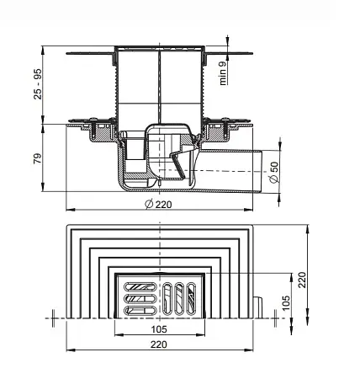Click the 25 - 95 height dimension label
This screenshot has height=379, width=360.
coord(38,84)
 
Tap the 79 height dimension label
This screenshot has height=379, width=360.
coord(38,158)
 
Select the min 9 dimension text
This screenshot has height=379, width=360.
coord(223,73)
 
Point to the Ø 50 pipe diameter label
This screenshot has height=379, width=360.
coord(274,172)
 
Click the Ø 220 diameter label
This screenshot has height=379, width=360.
coord(158,204)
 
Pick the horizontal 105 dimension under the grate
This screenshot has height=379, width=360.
coord(159,329)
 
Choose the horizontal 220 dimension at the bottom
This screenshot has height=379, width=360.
coord(159,344)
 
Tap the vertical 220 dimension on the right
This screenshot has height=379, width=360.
coord(302,280)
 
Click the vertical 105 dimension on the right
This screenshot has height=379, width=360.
coord(286,302)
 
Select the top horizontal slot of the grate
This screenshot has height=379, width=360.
coord(140,286)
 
